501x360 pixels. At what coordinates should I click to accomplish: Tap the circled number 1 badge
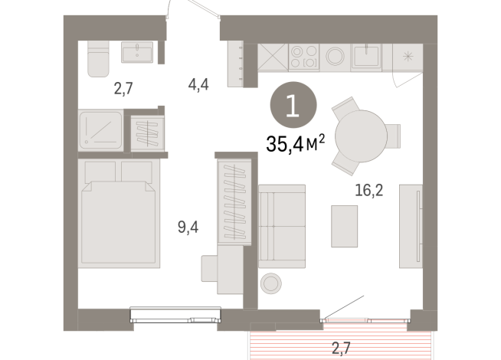pos(292,105)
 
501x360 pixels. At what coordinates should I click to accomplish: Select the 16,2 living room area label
pos(368,188)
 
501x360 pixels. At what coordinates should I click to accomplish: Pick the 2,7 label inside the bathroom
pos(124,88)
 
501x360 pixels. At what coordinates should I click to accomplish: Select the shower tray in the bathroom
pos(100,130)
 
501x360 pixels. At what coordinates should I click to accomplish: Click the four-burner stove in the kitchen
pos(301,57)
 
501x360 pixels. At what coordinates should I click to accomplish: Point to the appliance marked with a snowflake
pos(407,56)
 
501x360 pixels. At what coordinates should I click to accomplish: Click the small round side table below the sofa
pos(271,283)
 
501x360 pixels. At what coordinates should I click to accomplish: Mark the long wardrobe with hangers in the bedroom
pos(235,201)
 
